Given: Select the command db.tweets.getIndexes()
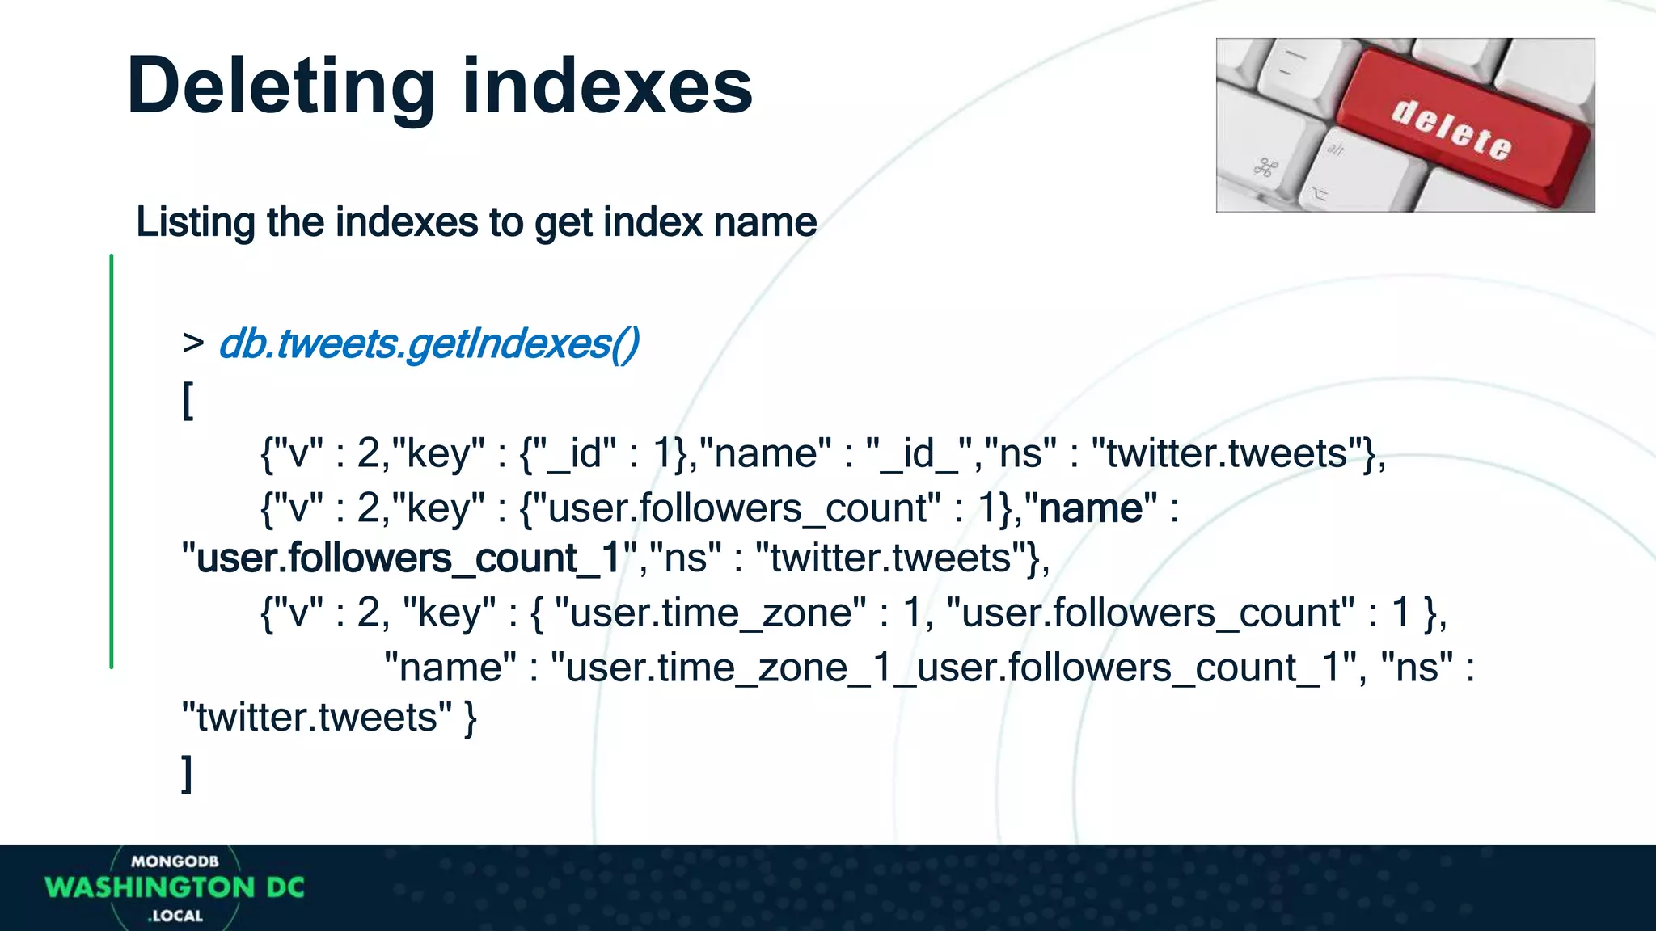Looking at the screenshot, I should [x=429, y=344].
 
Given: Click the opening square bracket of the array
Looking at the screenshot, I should [x=188, y=401].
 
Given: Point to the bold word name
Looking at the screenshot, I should [x=1091, y=509].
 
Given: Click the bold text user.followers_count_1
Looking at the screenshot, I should [x=408, y=558].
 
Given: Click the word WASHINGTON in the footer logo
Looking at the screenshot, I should [x=150, y=887].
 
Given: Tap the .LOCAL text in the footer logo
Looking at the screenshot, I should [x=175, y=916].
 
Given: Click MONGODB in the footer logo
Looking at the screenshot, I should [x=175, y=861].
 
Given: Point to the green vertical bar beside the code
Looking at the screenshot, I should [x=112, y=461].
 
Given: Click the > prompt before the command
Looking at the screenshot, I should [x=192, y=343].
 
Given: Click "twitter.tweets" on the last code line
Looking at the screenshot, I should [x=316, y=718].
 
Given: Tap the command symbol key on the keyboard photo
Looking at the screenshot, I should [x=1265, y=168].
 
